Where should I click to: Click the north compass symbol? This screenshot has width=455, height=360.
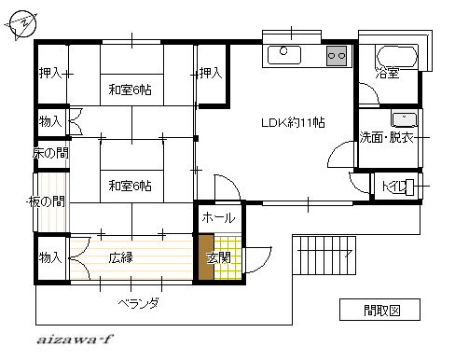[x=21, y=24]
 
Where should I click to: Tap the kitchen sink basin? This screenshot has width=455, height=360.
[x=284, y=55]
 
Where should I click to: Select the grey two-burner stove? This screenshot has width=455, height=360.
[x=337, y=56]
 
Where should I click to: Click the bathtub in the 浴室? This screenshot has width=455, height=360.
[x=397, y=56]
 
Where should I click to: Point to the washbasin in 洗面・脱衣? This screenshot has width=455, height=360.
[x=404, y=119]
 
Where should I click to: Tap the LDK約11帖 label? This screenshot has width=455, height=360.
[x=293, y=122]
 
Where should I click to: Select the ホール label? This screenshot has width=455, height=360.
[x=218, y=217]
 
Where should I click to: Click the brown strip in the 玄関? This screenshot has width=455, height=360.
[x=206, y=256]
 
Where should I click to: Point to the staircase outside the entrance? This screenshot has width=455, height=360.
[x=324, y=256]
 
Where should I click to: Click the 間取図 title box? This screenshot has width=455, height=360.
[x=379, y=310]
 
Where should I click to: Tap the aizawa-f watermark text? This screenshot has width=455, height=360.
[x=75, y=339]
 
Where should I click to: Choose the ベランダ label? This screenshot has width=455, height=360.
[x=139, y=303]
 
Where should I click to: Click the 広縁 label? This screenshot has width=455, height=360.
[x=121, y=257]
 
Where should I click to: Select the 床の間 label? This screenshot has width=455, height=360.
[x=50, y=153]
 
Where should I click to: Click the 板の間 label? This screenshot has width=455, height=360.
[x=47, y=201]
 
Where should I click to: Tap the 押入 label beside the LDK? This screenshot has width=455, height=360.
[x=211, y=73]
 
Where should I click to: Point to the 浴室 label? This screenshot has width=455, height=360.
[x=387, y=74]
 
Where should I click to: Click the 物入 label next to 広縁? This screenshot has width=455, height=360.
[x=50, y=257]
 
